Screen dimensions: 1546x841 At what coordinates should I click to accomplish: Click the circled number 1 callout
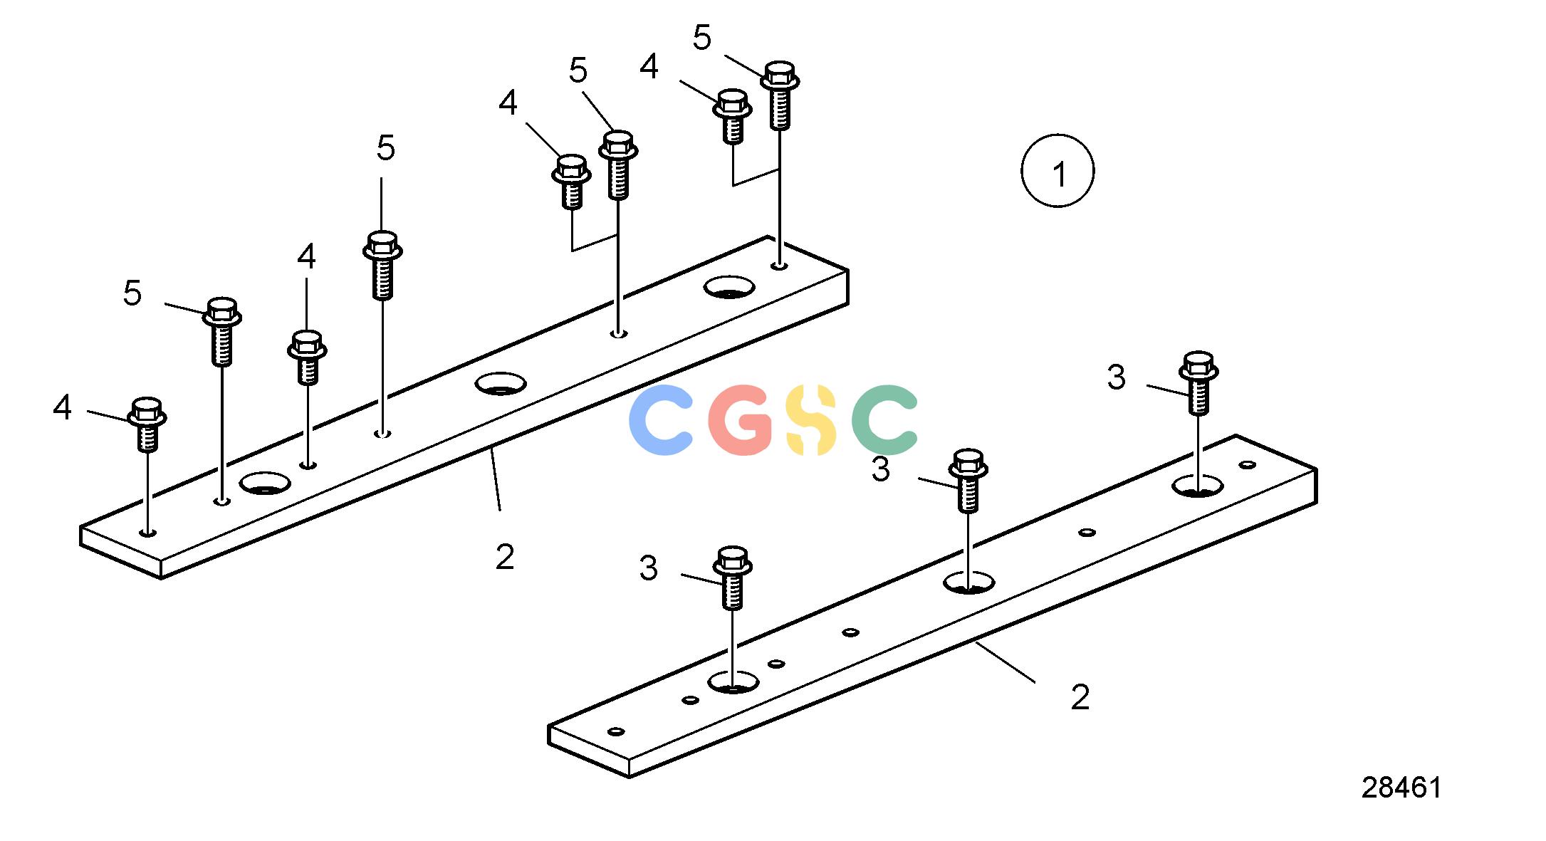1057,171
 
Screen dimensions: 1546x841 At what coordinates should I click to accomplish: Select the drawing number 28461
1401,788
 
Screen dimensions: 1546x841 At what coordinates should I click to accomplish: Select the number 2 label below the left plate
505,557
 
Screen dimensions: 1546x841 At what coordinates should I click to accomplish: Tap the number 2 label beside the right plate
1080,697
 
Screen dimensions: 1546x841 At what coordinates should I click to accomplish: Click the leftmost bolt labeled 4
147,424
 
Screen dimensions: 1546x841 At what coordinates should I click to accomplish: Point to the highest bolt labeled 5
780,95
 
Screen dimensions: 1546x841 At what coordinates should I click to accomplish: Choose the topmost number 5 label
702,37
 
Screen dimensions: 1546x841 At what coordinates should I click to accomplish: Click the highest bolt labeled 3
1198,383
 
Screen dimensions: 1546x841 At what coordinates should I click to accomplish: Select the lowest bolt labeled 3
732,578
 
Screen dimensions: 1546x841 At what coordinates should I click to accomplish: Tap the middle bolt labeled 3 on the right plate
968,481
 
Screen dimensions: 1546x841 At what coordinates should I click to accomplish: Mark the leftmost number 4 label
63,407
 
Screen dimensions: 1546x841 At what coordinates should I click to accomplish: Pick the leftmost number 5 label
132,293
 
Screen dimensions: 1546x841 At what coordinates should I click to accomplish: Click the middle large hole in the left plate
501,383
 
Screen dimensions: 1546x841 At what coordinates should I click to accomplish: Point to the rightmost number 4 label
649,66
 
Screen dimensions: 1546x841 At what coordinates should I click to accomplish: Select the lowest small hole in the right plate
616,731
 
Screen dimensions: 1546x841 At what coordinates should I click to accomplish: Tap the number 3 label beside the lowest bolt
648,568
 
